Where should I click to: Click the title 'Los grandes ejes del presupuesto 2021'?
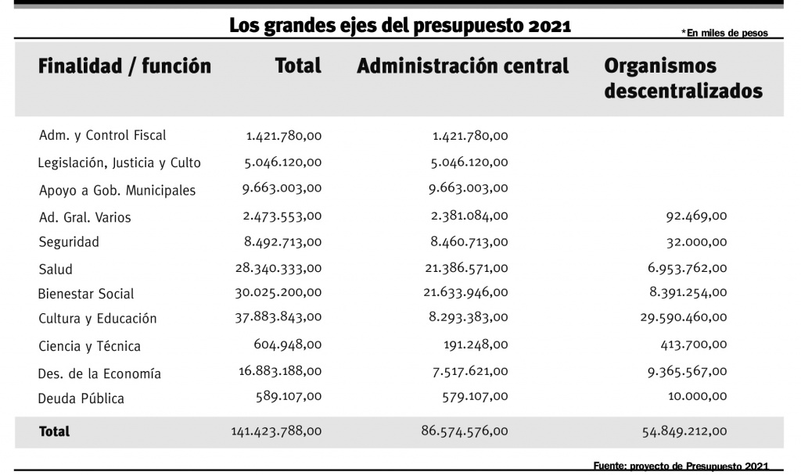click(400, 26)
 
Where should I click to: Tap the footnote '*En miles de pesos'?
click(724, 33)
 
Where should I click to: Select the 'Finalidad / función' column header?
click(124, 66)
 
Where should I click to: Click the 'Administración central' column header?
click(462, 66)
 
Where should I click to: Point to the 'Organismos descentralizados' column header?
click(683, 78)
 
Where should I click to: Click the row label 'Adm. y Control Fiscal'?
click(102, 136)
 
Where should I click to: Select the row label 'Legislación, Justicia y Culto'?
click(119, 163)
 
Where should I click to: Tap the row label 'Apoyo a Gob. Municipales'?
click(117, 191)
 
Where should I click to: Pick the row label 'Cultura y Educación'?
click(98, 319)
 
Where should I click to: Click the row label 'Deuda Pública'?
click(81, 398)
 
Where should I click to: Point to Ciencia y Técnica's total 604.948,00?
click(287, 345)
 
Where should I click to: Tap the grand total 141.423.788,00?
click(276, 431)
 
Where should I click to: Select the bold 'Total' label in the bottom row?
click(54, 431)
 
